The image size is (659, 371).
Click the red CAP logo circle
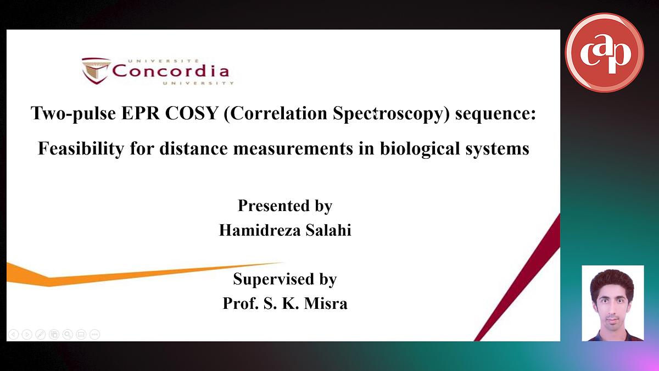pos(604,52)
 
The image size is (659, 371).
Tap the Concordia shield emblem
pos(96,70)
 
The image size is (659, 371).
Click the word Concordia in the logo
pos(171,71)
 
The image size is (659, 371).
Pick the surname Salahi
pos(326,230)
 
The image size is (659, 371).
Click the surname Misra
pos(326,303)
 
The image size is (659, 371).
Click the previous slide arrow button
pos(14,334)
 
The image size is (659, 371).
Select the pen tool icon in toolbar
pos(40,334)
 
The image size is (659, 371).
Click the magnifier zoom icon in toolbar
pos(67,334)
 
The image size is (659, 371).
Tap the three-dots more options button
pos(94,334)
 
